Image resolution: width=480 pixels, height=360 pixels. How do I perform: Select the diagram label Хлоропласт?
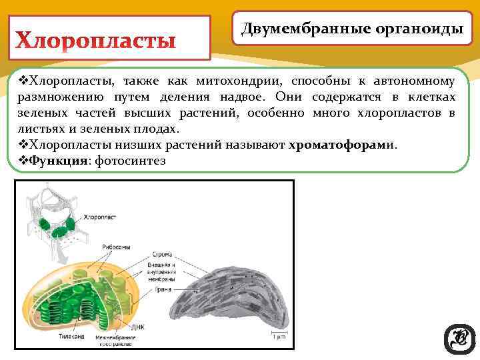click(x=102, y=217)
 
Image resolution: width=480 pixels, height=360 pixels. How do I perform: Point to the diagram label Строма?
click(x=162, y=254)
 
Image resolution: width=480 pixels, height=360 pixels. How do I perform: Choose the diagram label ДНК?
click(x=137, y=327)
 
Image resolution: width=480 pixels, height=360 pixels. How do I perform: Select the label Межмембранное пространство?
click(x=115, y=340)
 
